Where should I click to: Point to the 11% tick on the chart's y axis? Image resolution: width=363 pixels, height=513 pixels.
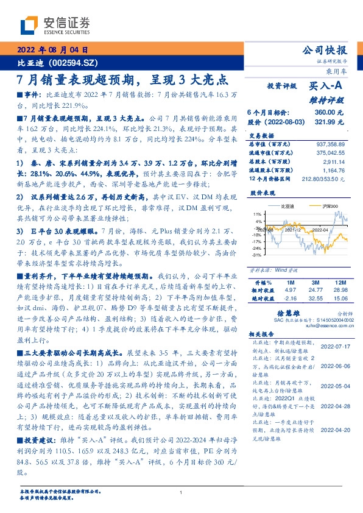pos(258,214)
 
